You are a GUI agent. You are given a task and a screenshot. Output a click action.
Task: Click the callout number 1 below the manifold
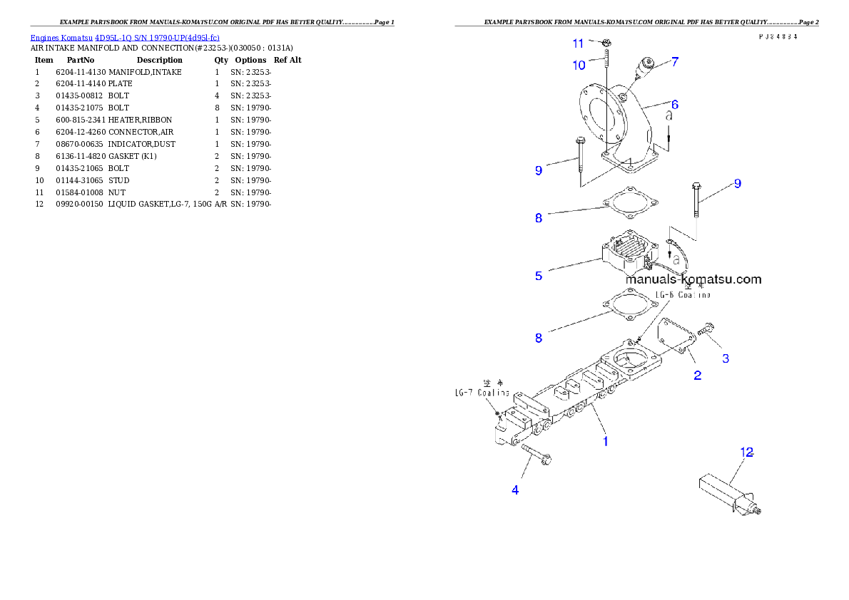tap(605, 441)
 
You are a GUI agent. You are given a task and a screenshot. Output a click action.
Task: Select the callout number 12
tap(746, 452)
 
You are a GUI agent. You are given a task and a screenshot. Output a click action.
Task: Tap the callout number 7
tap(674, 62)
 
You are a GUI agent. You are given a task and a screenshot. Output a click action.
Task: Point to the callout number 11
tap(579, 43)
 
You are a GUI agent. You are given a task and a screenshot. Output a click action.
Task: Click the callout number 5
tap(539, 276)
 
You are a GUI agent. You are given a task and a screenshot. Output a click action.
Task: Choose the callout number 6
tap(674, 105)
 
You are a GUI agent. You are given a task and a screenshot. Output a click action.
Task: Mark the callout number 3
tap(726, 358)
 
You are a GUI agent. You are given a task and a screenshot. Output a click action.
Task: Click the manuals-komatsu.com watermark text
tap(693, 279)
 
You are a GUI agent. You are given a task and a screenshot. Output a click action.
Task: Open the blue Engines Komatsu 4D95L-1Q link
tap(125, 37)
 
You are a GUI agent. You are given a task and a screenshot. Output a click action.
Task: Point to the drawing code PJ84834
tap(778, 36)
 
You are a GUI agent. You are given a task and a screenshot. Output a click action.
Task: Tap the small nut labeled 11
tap(606, 43)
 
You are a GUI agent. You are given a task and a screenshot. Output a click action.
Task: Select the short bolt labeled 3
tap(707, 329)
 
